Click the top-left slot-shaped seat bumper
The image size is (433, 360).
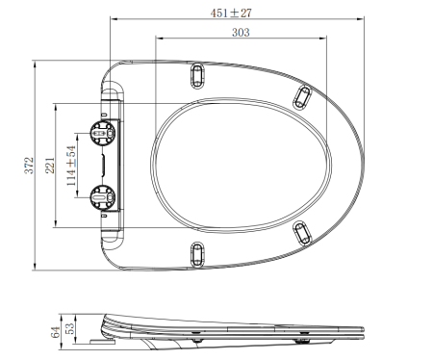198,75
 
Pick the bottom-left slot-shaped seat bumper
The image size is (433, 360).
198,254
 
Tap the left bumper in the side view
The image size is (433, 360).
198,339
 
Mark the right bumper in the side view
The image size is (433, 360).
302,339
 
